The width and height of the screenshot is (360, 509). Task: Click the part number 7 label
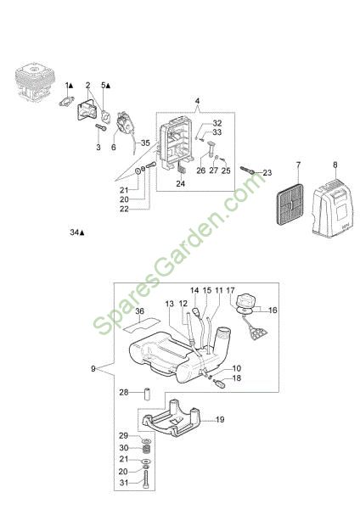coord(298,165)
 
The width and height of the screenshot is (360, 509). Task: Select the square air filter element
coord(290,204)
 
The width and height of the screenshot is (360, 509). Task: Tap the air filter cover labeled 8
coord(332,208)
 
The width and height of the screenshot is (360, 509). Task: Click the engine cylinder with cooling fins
coord(35,83)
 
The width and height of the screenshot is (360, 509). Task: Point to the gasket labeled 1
coord(67,101)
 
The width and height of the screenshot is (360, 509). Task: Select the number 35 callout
coord(145,143)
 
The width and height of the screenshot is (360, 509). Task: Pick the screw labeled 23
coord(247,171)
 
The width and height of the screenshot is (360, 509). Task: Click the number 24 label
coord(180,183)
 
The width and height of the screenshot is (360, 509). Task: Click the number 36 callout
coord(139,311)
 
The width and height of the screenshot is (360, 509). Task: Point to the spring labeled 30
coord(147,450)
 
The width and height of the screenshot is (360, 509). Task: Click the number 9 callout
coord(93,369)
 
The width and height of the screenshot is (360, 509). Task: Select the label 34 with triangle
coord(77,232)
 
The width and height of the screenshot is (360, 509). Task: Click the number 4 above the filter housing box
coord(197,101)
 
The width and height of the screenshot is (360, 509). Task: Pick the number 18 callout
coord(237,378)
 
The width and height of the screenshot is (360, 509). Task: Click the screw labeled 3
coord(101,127)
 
